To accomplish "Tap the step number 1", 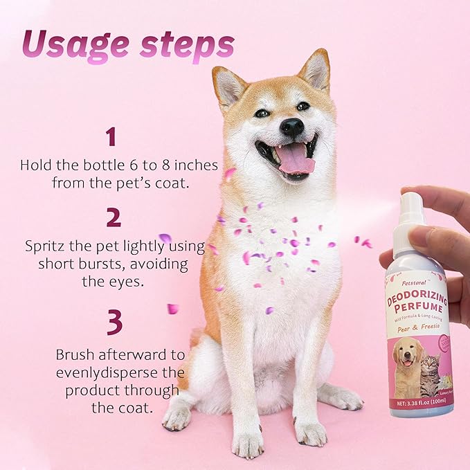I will [111, 137].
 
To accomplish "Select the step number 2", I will [114, 217].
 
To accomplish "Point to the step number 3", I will [114, 322].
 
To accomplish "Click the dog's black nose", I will [291, 126].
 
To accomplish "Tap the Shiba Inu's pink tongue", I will [296, 160].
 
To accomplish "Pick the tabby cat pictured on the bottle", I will [430, 373].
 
